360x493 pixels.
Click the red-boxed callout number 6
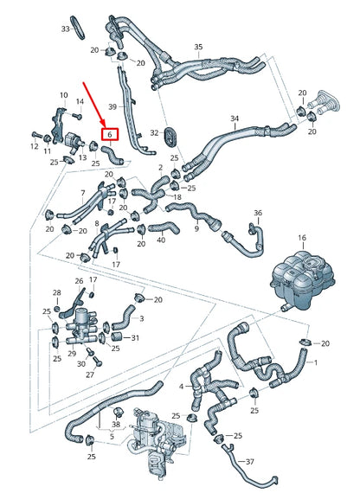110,135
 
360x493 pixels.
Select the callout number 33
66,29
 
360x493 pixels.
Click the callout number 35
198,46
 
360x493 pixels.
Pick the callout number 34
234,118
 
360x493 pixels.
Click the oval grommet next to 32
170,133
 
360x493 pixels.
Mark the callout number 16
302,237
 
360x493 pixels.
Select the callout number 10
63,94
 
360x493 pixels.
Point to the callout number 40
161,240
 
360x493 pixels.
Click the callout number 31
135,337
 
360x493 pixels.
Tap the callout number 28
56,293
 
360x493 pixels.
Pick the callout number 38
116,425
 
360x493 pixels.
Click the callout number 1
315,363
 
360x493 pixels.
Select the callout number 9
196,229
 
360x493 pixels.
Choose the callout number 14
80,102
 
